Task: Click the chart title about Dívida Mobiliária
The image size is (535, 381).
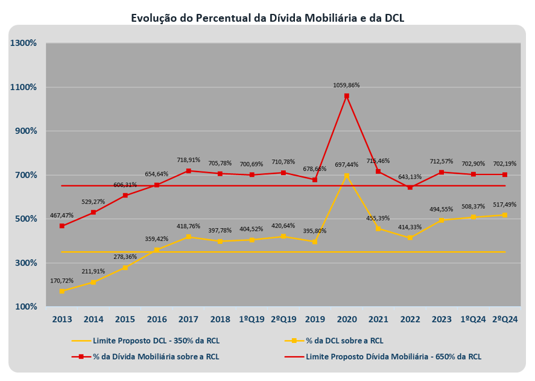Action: click(267, 18)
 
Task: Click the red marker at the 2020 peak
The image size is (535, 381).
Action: click(346, 96)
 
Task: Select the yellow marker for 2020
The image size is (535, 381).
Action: click(346, 176)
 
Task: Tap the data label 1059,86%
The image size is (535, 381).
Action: click(346, 85)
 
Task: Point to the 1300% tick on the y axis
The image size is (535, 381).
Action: click(24, 43)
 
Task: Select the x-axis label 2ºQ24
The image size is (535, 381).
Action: click(505, 319)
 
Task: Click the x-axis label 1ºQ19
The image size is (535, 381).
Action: click(252, 319)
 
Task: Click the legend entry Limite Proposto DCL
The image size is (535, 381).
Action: click(151, 341)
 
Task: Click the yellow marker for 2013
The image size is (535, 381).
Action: click(62, 291)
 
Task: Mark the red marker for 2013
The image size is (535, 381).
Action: click(62, 226)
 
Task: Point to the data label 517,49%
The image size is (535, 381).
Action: click(504, 205)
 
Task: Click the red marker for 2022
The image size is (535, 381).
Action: click(410, 187)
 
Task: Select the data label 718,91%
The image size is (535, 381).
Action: click(188, 160)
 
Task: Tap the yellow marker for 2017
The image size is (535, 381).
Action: click(188, 237)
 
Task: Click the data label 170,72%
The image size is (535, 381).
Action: click(62, 281)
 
